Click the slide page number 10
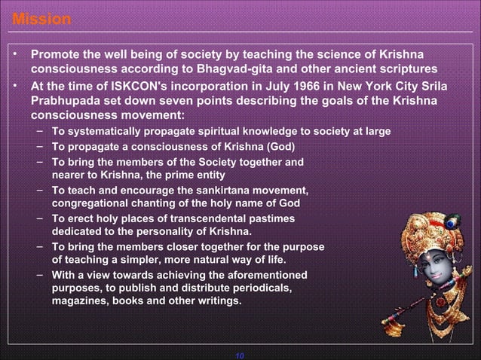240,355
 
